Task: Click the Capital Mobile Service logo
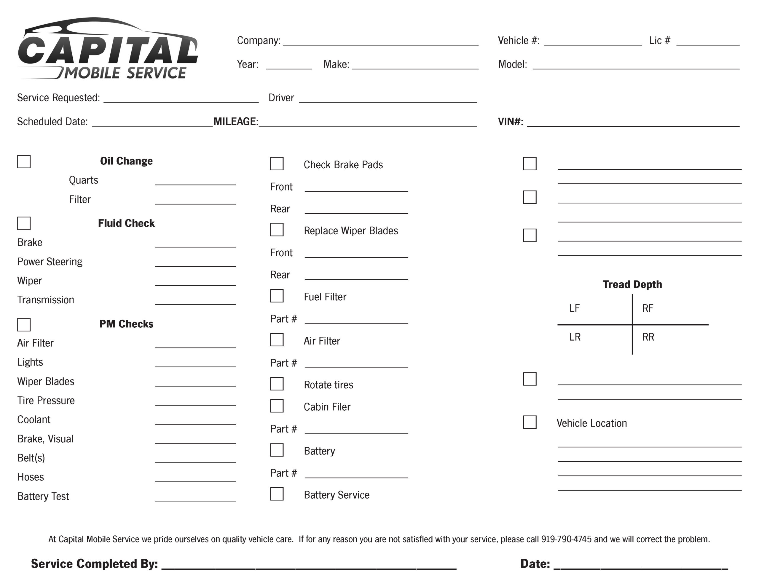(108, 49)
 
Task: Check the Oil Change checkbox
(24, 161)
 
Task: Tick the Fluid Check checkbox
(24, 223)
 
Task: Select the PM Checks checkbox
(24, 324)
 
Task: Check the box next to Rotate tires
(277, 384)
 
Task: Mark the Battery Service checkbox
(277, 494)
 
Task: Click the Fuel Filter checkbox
(277, 296)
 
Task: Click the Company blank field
(381, 42)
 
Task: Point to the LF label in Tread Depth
(575, 308)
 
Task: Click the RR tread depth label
(648, 337)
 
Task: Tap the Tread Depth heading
(632, 284)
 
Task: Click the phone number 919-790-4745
(566, 539)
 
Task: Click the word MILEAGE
(236, 121)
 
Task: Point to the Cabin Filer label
(327, 407)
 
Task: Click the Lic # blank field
(708, 42)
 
